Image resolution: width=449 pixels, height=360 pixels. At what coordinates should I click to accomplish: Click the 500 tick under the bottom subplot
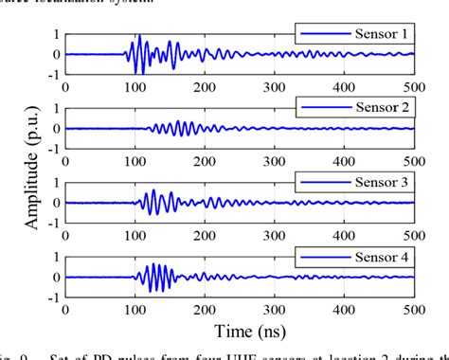(414, 308)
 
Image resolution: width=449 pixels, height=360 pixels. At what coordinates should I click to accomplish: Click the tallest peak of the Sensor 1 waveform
(138, 37)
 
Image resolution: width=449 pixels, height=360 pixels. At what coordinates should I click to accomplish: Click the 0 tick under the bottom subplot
(65, 308)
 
